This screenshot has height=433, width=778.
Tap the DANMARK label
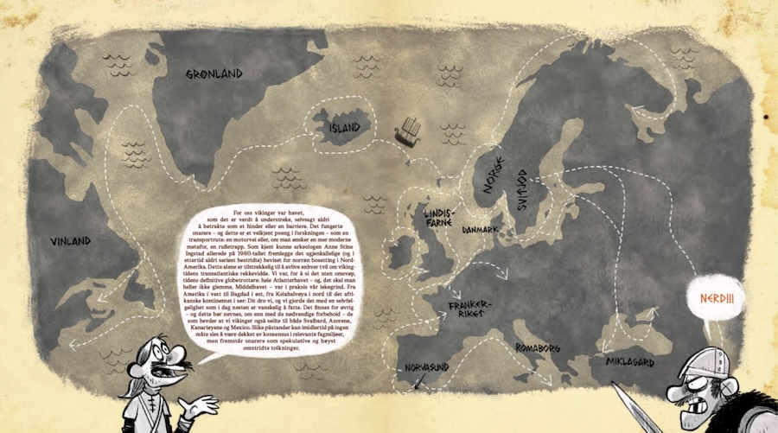click(x=482, y=231)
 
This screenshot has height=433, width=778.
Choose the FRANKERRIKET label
click(x=470, y=310)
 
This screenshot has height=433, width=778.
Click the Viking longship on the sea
click(x=406, y=131)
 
